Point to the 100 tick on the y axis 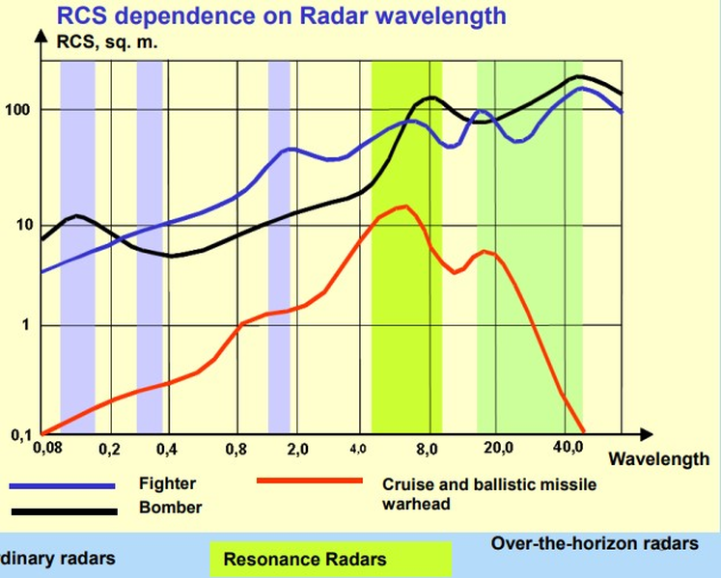point(18,110)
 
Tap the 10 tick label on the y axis point(22,226)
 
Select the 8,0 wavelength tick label point(428,450)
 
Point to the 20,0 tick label point(498,450)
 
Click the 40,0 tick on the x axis point(569,450)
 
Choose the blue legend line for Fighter point(64,485)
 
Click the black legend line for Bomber point(64,510)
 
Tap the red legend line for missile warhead point(310,481)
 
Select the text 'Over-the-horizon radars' point(595,544)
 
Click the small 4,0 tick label point(359,449)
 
